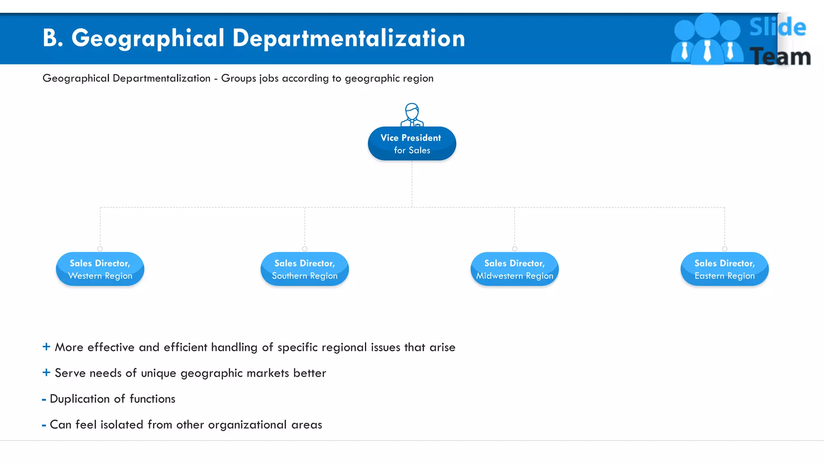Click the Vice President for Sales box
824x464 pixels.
click(412, 144)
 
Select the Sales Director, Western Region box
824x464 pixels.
click(100, 269)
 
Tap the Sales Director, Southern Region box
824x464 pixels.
click(305, 269)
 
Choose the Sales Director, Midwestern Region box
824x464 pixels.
click(515, 269)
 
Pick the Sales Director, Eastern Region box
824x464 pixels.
click(725, 269)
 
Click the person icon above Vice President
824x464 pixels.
click(412, 115)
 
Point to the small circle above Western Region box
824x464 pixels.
click(100, 249)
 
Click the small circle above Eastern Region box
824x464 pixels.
click(725, 249)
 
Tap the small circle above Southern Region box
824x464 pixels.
click(305, 249)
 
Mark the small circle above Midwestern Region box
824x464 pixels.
click(515, 249)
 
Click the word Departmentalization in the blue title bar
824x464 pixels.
click(348, 38)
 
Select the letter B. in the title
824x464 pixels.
click(53, 38)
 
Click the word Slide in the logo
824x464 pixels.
click(777, 27)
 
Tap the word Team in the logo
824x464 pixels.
click(780, 56)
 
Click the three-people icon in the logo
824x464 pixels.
click(707, 39)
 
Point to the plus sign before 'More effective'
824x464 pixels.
click(46, 347)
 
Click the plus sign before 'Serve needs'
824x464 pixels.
click(46, 373)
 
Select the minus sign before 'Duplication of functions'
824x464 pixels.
click(44, 400)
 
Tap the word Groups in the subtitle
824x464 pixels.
click(239, 78)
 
